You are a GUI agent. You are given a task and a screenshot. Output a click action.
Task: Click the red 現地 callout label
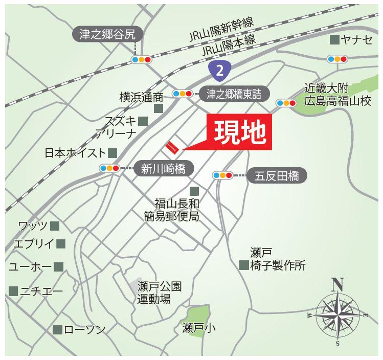239,133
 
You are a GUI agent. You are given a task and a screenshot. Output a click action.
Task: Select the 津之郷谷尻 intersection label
107,35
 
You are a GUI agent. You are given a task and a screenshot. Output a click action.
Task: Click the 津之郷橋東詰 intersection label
234,94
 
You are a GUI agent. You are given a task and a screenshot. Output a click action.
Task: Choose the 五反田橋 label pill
277,176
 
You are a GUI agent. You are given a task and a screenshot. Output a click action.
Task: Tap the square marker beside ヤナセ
334,40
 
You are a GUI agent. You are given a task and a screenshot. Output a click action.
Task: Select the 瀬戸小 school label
199,328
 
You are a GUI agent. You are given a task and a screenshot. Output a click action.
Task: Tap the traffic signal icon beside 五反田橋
222,175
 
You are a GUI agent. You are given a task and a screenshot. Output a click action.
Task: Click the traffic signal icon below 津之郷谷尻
141,60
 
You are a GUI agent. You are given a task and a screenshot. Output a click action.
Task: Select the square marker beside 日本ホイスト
112,152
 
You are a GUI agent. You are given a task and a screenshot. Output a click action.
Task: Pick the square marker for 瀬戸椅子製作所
243,265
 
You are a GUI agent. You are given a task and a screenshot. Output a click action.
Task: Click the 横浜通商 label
141,97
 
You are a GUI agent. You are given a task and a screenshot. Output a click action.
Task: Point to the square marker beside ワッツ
55,226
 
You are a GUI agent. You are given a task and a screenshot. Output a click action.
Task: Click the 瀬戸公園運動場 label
159,292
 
